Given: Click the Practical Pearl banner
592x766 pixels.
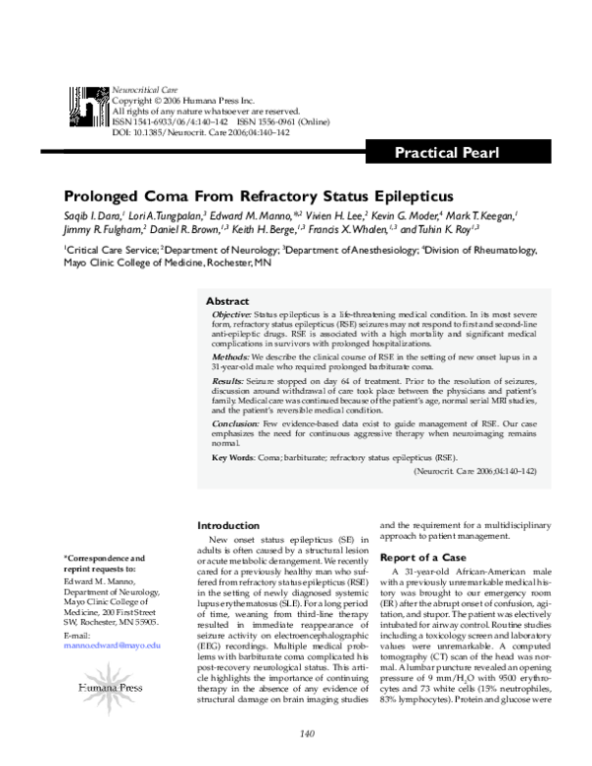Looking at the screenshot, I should pyautogui.click(x=447, y=153).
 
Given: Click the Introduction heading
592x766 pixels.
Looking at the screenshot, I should pyautogui.click(x=228, y=525).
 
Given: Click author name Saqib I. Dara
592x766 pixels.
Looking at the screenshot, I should pyautogui.click(x=93, y=215).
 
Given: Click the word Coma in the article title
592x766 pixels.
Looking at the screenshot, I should pyautogui.click(x=170, y=196).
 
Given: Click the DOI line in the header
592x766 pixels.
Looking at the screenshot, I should pyautogui.click(x=186, y=130).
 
